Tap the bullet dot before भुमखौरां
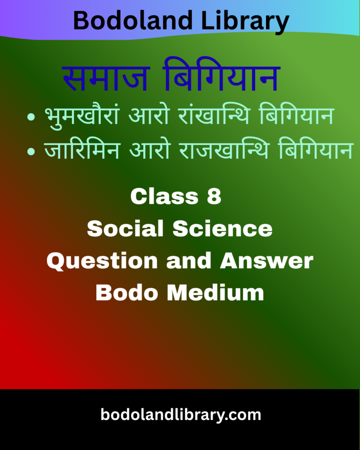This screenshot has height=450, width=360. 31,118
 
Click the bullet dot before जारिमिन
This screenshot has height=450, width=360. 31,151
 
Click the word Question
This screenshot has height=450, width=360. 102,261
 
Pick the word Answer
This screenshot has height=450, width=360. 267,261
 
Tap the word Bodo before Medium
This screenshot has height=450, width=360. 127,293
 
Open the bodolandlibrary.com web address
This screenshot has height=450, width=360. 180,414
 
